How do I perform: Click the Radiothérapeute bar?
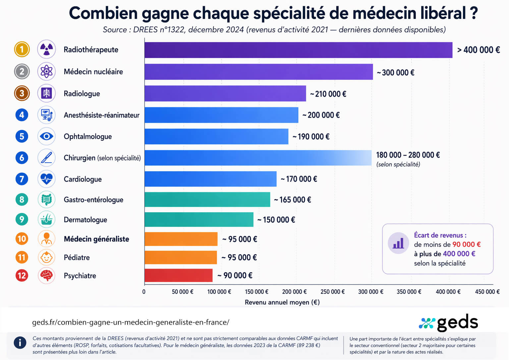click(298, 50)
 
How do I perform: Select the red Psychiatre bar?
click(178, 275)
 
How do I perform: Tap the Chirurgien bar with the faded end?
click(258, 158)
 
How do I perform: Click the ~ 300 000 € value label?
click(395, 73)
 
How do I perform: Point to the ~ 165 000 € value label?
click(292, 200)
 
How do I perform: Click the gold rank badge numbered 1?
click(22, 50)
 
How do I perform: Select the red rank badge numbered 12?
click(22, 276)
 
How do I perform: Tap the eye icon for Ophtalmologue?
click(46, 136)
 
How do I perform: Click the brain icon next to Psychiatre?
click(46, 275)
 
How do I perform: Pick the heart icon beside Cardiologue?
click(46, 179)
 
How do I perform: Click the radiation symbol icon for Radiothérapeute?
click(46, 50)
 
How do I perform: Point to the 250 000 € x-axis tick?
click(332, 292)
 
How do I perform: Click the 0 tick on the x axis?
click(144, 292)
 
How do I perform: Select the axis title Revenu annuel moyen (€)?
click(282, 302)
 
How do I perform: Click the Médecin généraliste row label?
click(96, 239)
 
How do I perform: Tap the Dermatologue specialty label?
click(85, 220)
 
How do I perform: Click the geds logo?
click(449, 323)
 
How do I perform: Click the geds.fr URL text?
click(131, 322)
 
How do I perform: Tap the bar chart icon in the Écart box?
click(398, 243)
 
